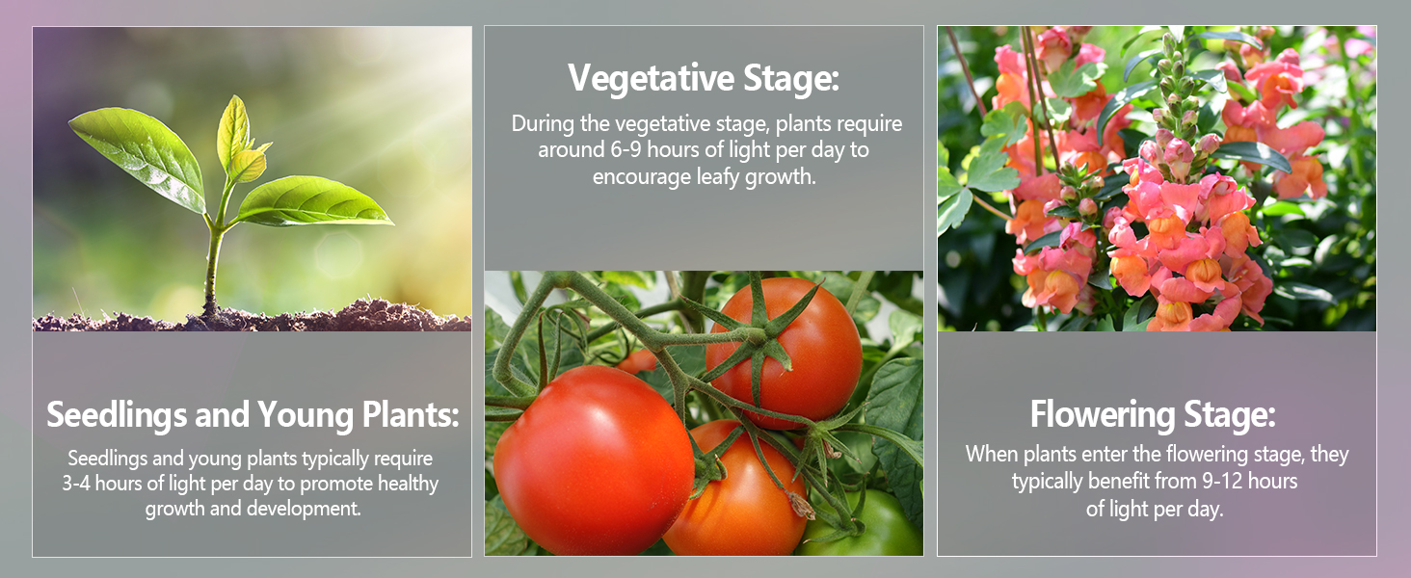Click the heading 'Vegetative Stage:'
tap(704, 78)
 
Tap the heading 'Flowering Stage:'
tap(1153, 415)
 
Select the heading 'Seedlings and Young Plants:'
tap(253, 415)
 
